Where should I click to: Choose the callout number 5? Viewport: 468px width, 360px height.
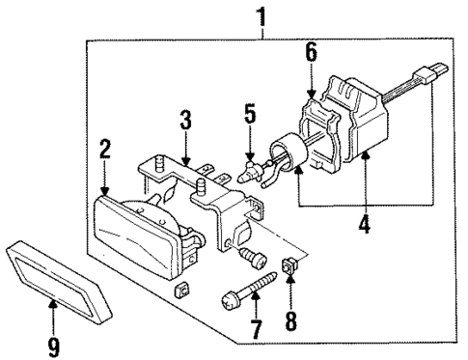pyautogui.click(x=249, y=117)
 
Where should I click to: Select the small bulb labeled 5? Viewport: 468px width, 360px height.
pyautogui.click(x=254, y=177)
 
